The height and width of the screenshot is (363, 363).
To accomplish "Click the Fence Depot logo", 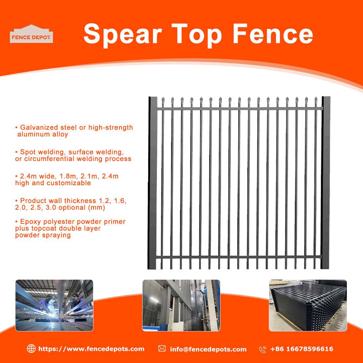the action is click(31, 34).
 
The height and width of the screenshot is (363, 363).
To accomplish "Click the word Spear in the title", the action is click(123, 35).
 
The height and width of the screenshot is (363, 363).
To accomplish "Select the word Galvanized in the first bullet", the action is click(39, 127).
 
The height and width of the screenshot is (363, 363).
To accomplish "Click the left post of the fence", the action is click(152, 183).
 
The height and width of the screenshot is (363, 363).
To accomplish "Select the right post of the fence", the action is click(325, 183).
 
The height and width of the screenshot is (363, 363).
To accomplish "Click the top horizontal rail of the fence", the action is click(240, 108).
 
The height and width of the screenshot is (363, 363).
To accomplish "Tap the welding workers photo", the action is click(54, 305).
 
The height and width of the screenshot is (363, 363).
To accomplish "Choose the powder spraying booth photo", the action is click(181, 305).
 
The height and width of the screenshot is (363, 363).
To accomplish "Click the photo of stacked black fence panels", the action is click(308, 305).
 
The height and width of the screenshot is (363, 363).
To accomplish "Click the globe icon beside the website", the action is click(31, 349).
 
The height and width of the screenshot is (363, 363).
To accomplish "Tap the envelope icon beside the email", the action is click(162, 349).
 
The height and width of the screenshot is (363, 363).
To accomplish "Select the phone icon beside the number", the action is click(263, 349).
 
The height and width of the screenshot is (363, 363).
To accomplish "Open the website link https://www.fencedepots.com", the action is click(91, 349).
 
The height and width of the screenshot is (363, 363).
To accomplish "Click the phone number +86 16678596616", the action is click(302, 349).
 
